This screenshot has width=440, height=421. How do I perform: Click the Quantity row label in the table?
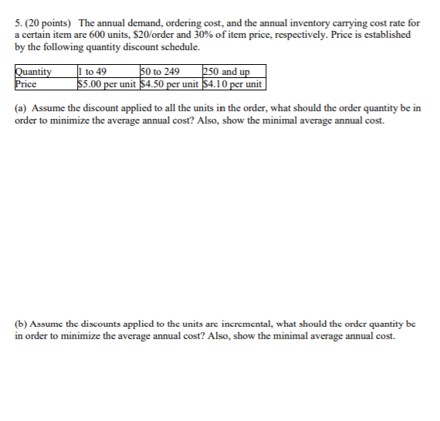point(33,73)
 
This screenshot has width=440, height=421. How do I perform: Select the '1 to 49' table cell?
point(93,73)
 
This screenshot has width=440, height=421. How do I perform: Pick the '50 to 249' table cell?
point(160,73)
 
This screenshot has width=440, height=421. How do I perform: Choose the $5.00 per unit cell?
point(107,83)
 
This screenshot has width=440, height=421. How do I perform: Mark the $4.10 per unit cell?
point(232,83)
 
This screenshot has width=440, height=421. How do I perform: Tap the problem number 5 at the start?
point(17,23)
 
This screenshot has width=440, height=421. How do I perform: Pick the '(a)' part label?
point(21,108)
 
